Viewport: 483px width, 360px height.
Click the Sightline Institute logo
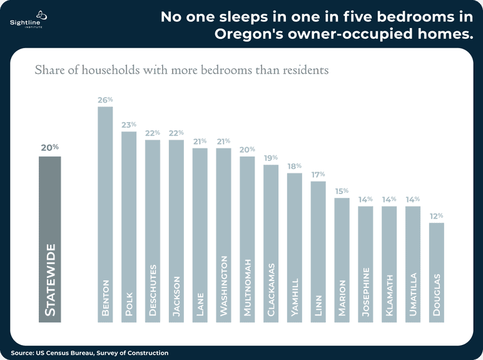point(28,19)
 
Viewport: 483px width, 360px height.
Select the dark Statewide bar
point(50,240)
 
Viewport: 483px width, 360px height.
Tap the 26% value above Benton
point(105,100)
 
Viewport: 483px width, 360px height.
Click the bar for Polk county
point(129,227)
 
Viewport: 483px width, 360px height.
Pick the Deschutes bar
point(153,231)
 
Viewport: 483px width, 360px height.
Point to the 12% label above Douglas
point(437,216)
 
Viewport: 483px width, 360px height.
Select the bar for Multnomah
point(247,240)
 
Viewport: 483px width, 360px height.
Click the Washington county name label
point(223,286)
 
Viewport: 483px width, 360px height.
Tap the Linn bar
point(318,252)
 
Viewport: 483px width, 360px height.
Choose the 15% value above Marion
point(342,191)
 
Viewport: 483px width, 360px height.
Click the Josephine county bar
point(365,264)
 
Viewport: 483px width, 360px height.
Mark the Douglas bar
point(437,273)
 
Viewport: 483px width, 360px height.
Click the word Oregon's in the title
point(249,34)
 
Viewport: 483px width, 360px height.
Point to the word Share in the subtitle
point(50,70)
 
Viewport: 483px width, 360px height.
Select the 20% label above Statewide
point(50,148)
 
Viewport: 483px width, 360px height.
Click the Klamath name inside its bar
point(389,296)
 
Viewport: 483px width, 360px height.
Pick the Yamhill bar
point(295,248)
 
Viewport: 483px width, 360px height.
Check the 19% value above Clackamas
point(271,158)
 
